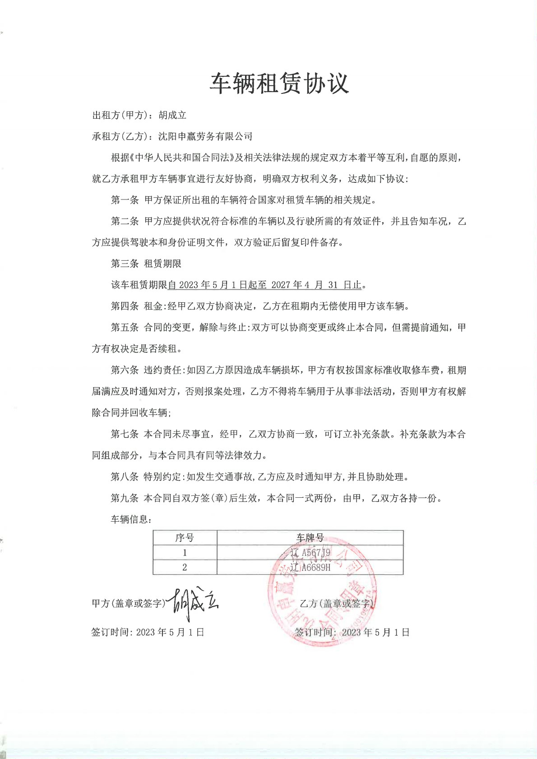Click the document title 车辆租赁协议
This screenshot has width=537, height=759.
(279, 83)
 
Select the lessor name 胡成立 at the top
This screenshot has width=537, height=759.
(172, 116)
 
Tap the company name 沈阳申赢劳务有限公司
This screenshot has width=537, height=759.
(205, 136)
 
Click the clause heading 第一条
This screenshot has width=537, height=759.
(125, 200)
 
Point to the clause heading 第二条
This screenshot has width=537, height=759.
(125, 221)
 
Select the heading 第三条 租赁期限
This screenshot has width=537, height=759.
(146, 264)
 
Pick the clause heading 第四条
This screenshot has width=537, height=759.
(125, 306)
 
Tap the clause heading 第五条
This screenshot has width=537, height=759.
(125, 328)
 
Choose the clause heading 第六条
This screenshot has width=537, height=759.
(125, 370)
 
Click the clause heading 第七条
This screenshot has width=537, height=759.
(125, 434)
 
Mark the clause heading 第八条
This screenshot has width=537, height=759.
(125, 477)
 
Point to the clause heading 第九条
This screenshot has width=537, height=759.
(125, 498)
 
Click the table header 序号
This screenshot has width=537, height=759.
(185, 538)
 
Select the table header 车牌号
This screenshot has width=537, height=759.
(310, 538)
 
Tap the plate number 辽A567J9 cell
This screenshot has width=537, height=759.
(310, 553)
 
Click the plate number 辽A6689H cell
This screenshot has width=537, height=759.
(310, 568)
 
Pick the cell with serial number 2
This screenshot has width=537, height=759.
(185, 568)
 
